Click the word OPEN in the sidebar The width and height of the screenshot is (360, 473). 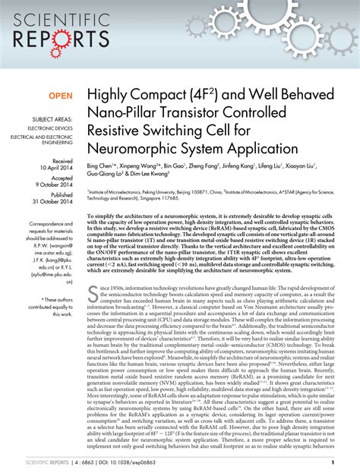click(x=62, y=96)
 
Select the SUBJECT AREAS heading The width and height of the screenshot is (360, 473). click(x=51, y=120)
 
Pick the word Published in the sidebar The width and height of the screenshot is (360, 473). click(x=60, y=194)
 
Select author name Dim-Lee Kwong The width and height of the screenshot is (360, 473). click(x=149, y=173)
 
